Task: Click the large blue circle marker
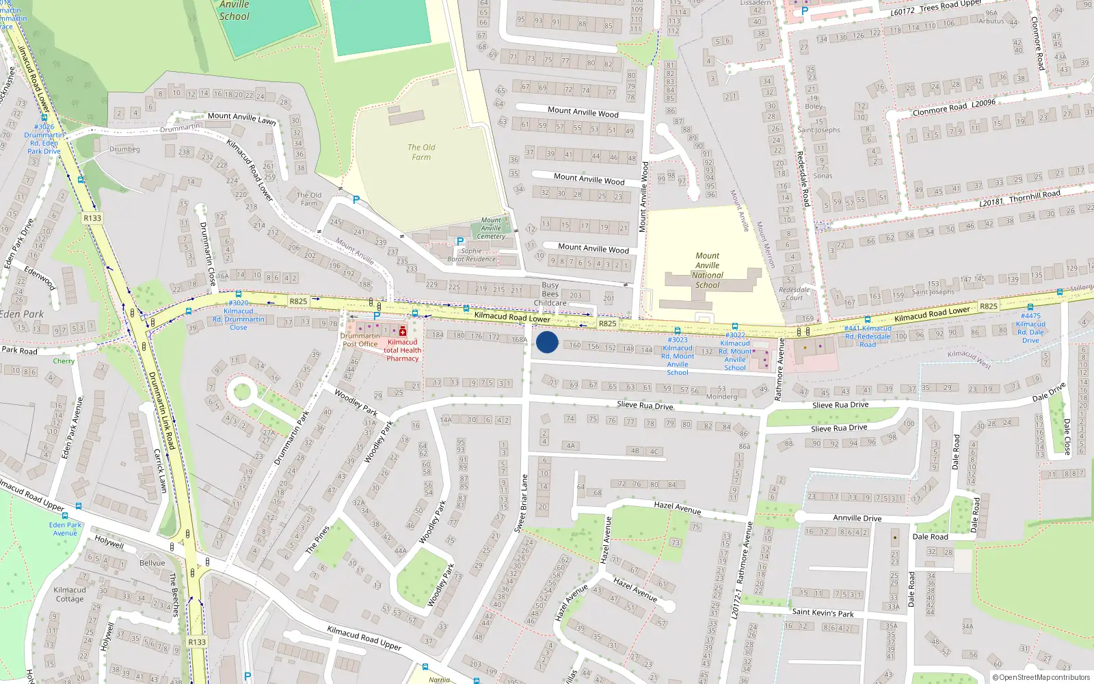point(547,342)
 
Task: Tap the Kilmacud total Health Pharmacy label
point(402,350)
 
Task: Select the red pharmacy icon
point(403,332)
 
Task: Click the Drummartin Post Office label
point(360,340)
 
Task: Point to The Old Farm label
point(421,152)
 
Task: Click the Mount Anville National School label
point(708,270)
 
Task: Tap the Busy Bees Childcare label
point(550,294)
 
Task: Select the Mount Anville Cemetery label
point(491,228)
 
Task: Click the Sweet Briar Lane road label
point(521,504)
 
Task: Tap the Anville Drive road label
point(857,518)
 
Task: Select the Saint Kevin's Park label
point(823,612)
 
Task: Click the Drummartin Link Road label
point(162,410)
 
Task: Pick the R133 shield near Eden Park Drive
point(92,218)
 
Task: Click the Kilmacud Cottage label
point(70,594)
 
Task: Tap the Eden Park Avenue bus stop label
point(65,529)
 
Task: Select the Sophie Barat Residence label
point(471,255)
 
